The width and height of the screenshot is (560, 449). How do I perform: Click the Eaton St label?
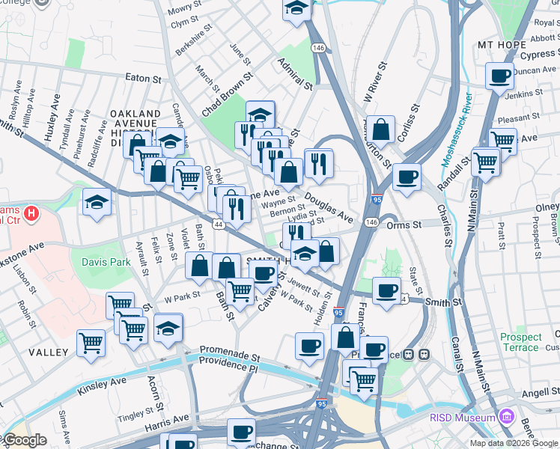144,78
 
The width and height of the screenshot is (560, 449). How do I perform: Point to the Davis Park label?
106,262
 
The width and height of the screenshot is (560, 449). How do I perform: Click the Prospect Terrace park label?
520,342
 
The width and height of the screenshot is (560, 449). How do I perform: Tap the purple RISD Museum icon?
507,417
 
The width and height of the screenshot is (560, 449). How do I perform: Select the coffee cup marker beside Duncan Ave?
499,75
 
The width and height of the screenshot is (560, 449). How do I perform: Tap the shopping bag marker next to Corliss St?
381,128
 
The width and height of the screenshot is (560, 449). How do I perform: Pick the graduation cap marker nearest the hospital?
97,204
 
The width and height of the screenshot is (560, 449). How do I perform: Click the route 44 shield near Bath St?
218,224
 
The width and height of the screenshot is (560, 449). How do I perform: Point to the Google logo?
25,441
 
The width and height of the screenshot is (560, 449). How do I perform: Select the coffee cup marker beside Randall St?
407,177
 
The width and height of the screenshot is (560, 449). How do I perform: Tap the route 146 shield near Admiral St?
320,48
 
